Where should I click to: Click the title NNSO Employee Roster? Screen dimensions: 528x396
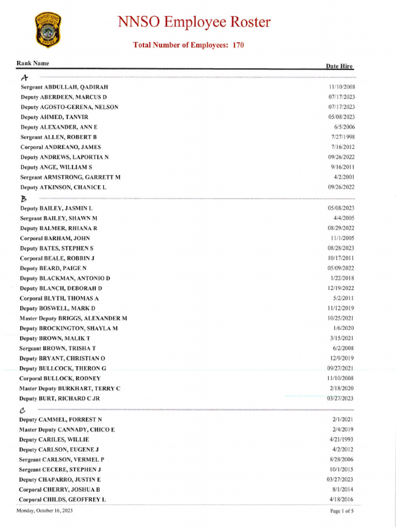coord(194,23)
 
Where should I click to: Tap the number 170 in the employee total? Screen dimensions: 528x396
coord(238,45)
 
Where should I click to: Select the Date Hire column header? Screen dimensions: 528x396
coord(339,67)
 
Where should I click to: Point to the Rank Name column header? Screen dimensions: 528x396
coord(33,63)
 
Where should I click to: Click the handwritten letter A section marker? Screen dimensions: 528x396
coord(24,78)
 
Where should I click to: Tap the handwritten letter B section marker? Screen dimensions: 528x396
coord(23,199)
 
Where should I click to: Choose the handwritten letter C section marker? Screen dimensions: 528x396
coord(22,410)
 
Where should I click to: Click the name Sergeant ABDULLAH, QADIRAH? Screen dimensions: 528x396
coord(64,87)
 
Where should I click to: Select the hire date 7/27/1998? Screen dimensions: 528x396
coord(343,137)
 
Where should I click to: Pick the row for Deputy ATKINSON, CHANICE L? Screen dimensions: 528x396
coord(63,187)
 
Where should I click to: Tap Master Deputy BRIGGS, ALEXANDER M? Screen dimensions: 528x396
coord(73,319)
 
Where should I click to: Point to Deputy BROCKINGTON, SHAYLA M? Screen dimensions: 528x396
coord(69,328)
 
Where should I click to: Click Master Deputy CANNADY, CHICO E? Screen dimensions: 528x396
coord(67,430)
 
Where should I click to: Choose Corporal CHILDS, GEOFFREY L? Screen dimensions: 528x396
coord(62,500)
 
